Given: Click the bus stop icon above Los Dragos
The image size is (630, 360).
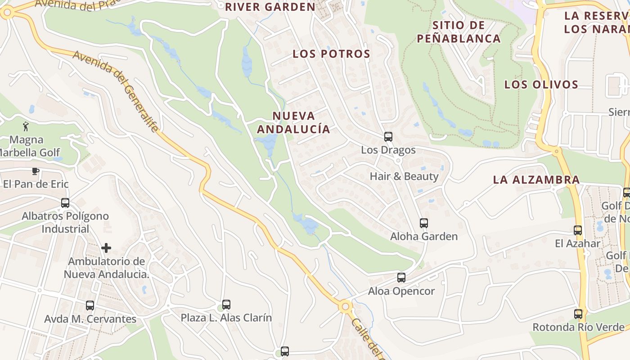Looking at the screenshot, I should coord(388,136).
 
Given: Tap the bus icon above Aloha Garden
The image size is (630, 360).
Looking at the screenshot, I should coord(423,223).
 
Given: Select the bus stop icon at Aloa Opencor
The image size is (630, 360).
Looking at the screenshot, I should coord(401,278).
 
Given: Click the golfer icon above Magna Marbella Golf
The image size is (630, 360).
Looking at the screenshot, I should coord(26,126).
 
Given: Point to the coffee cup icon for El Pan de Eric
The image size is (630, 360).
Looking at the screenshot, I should coord(36,171).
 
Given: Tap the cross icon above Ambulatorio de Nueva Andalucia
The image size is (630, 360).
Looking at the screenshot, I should coord(106,248).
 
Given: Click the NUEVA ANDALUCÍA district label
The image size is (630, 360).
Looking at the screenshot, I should coord(293,122).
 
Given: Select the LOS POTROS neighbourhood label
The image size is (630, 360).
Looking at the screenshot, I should coord(332,54).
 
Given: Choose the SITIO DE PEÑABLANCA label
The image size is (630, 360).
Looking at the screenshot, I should coord(459,31).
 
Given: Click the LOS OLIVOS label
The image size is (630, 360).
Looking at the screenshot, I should coord(541,85).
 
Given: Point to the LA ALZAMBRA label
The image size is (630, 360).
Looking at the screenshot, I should coord(536,180).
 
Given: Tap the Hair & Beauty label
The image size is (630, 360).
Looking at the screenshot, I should coord(404,176).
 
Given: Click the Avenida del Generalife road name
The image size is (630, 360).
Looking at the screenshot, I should coord(116,92).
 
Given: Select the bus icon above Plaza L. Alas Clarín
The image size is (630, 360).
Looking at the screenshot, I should coord(226,305).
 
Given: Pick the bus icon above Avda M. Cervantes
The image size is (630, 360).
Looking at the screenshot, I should coord(90,306).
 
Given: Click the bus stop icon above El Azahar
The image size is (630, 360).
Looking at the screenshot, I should coord(578,230).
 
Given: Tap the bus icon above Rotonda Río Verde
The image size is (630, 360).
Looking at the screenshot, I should coord(578,314).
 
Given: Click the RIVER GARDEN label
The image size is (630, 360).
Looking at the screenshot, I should coord(270,7).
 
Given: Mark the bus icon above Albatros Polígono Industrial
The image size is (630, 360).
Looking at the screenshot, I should coord(65,203).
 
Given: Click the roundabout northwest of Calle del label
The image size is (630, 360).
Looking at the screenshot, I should coord(345,307).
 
